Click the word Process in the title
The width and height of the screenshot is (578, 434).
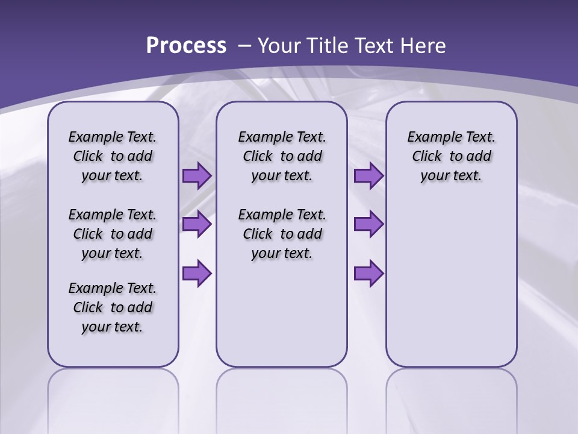[x=186, y=45]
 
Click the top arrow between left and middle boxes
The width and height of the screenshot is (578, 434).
[x=197, y=176]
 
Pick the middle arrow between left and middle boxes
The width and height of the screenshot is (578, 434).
[x=197, y=224]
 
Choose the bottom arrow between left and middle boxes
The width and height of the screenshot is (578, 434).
[x=197, y=273]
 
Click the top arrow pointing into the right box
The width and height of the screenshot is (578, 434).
[x=368, y=176]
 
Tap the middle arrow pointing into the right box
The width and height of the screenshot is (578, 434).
[x=368, y=224]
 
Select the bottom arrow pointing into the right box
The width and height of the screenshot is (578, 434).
[x=368, y=273]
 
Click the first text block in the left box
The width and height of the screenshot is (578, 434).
[x=113, y=156]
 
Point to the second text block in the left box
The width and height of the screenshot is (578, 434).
[x=113, y=234]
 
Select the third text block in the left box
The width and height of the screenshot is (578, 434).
[x=113, y=307]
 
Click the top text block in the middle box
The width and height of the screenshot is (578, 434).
[x=282, y=156]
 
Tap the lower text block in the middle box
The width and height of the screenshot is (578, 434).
[x=282, y=234]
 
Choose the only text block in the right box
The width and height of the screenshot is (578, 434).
[x=451, y=156]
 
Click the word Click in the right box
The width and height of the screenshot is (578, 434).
[x=427, y=157]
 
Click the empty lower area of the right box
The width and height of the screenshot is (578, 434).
[x=451, y=289]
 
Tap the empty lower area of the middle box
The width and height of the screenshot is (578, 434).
[x=282, y=313]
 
